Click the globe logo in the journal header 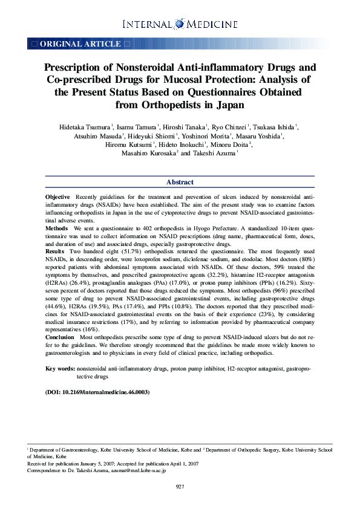coord(180,24)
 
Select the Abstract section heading coord(180,182)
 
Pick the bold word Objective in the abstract coord(57,198)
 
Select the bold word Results coord(56,250)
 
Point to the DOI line coord(97,392)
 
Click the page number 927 coord(180,487)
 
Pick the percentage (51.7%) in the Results coord(110,250)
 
